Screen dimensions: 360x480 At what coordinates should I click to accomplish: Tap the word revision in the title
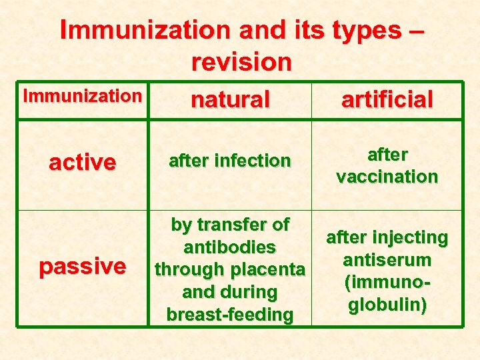pyautogui.click(x=241, y=62)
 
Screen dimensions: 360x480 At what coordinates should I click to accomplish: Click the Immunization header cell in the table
pyautogui.click(x=83, y=96)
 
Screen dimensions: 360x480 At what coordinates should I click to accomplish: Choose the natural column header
pyautogui.click(x=230, y=100)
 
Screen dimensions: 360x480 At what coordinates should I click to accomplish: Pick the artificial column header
pyautogui.click(x=387, y=100)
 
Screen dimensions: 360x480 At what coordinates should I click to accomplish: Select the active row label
pyautogui.click(x=83, y=162)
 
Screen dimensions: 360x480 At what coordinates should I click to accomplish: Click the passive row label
pyautogui.click(x=83, y=267)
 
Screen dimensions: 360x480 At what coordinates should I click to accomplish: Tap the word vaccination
pyautogui.click(x=387, y=177)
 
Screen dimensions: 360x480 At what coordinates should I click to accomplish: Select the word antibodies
pyautogui.click(x=230, y=247)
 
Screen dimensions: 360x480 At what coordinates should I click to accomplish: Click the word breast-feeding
pyautogui.click(x=230, y=315)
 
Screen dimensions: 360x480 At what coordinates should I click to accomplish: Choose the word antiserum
pyautogui.click(x=387, y=260)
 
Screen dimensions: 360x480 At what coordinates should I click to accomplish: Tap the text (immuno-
pyautogui.click(x=387, y=282)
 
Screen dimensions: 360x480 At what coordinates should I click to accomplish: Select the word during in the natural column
pyautogui.click(x=248, y=293)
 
